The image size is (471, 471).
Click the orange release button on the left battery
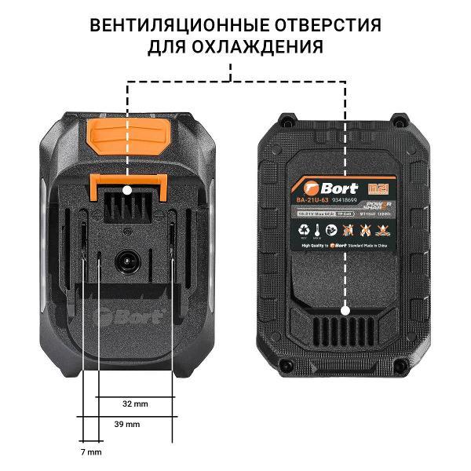130,137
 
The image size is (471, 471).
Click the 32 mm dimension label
136,403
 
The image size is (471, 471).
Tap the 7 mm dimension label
92,453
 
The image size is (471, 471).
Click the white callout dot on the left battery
128,189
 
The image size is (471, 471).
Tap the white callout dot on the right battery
345,301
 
